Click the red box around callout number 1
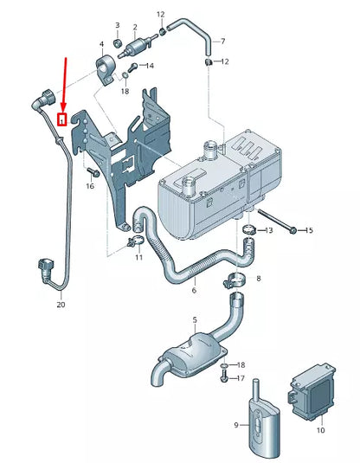pos(62,119)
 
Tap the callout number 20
pos(61,305)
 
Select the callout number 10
pos(319,429)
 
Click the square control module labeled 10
pos(311,389)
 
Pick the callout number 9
pos(235,424)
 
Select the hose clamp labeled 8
pos(235,280)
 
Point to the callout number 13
pos(269,230)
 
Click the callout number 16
pos(89,186)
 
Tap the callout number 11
pos(139,258)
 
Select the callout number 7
pos(222,41)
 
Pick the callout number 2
pos(134,28)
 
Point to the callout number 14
pos(150,66)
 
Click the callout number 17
pos(241,378)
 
